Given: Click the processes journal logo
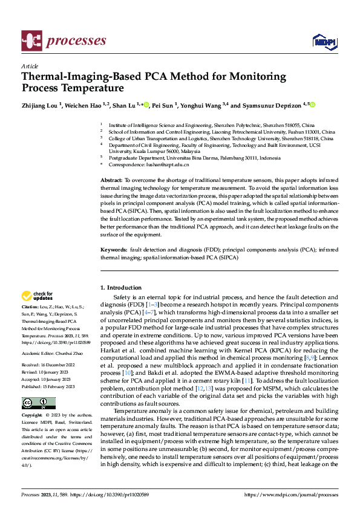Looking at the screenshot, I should click(64, 41).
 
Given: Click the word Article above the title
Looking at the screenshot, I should click(30, 66).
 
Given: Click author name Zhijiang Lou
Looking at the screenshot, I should click(40, 105).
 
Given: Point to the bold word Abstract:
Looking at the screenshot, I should click(111, 181).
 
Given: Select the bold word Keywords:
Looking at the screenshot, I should click(114, 250).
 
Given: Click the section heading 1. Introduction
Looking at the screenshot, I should click(123, 288).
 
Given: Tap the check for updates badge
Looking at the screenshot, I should click(38, 296).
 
